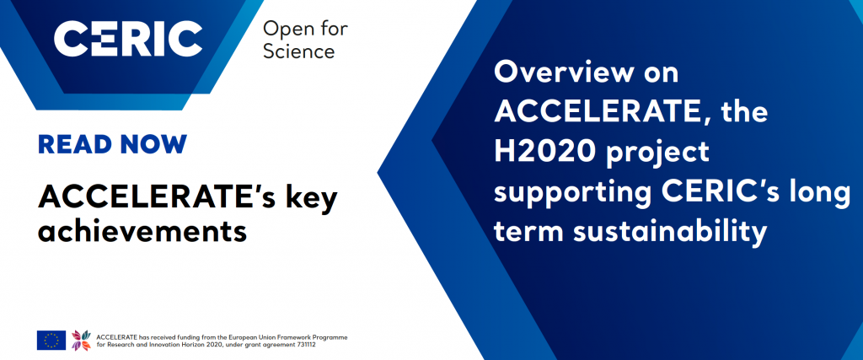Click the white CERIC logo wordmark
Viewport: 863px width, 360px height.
128,39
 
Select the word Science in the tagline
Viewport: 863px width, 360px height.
299,51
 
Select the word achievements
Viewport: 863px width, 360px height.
142,231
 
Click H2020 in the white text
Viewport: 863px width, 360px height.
545,152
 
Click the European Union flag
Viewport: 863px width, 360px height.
51,340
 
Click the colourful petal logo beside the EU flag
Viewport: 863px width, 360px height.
81,340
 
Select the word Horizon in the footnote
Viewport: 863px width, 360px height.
193,345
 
